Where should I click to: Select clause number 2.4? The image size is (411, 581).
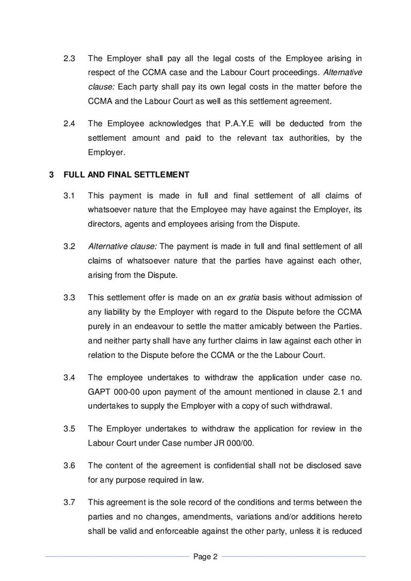70,123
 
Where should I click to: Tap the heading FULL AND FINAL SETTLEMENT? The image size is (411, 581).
127,175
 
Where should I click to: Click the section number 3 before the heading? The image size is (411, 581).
51,175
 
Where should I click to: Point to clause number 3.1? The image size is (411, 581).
70,195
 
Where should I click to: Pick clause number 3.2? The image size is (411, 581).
70,246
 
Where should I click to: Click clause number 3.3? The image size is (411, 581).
70,297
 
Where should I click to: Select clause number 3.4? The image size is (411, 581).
70,378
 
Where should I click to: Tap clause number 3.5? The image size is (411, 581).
70,429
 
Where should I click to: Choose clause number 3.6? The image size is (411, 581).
70,465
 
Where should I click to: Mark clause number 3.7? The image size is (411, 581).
70,502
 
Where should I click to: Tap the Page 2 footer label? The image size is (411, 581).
206,556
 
